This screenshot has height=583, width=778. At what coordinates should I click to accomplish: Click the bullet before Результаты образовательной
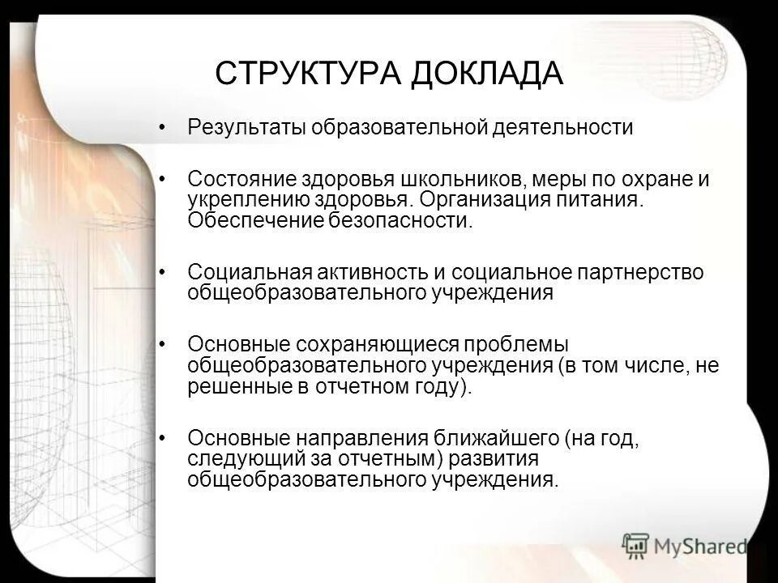165,129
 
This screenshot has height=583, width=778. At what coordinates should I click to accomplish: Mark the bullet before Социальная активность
165,271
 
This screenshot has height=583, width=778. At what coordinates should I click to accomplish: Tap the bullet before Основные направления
165,437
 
